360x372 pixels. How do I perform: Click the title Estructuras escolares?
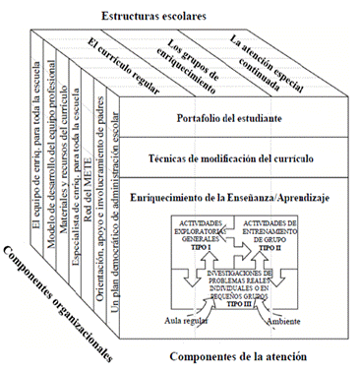pyautogui.click(x=161, y=16)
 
